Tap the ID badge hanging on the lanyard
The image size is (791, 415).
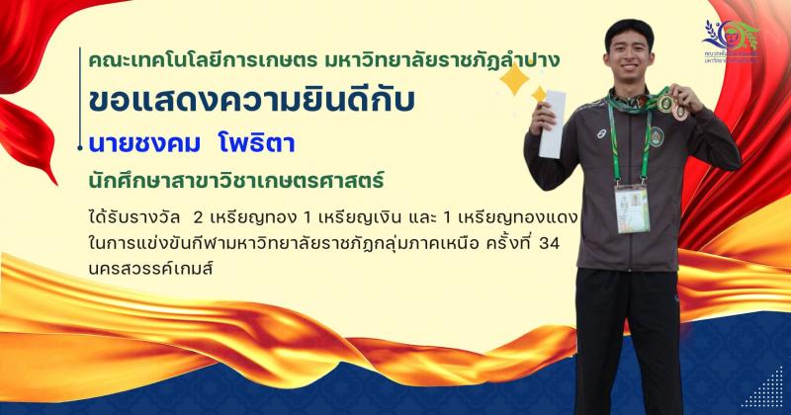pos(632,207)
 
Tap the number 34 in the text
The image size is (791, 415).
pos(561,242)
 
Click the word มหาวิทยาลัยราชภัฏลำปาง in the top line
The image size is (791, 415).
pos(449,60)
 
